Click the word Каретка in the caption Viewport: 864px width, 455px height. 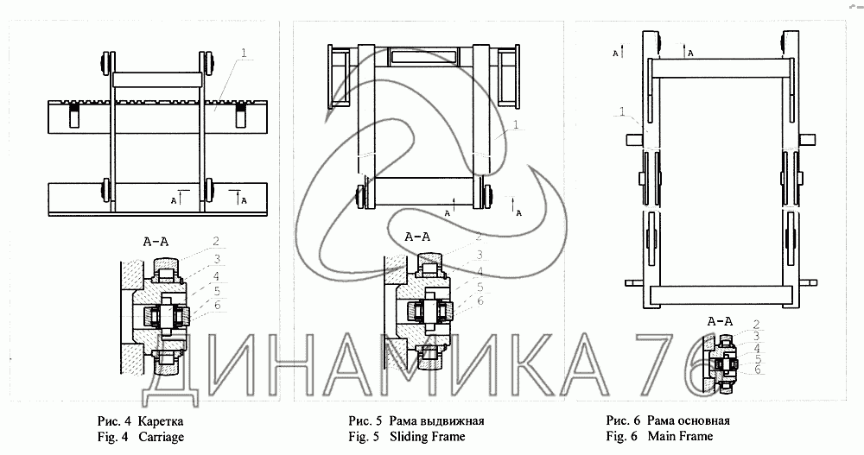coord(161,421)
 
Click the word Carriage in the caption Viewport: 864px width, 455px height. coord(162,438)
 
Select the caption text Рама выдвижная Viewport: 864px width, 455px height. coord(436,421)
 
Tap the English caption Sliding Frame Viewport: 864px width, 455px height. coord(428,437)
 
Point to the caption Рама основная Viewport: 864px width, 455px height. coord(689,420)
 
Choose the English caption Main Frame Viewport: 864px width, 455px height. coord(681,436)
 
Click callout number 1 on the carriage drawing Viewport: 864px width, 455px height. coord(244,54)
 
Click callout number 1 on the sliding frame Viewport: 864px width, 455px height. coord(516,125)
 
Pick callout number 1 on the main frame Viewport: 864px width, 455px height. coord(622,112)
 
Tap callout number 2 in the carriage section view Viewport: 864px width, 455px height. coord(216,241)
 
